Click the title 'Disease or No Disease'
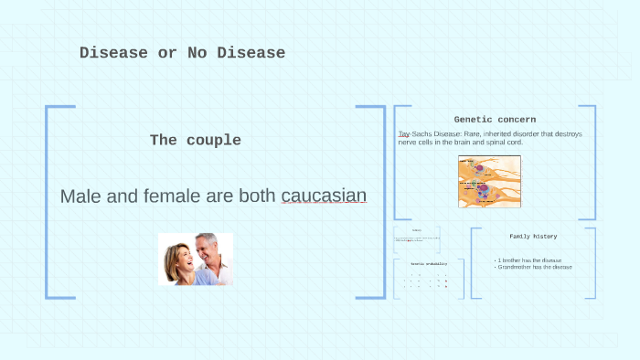click(182, 53)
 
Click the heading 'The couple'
click(196, 141)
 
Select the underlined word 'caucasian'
click(324, 196)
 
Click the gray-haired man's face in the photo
click(208, 249)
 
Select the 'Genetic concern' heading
click(495, 120)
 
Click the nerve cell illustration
click(489, 181)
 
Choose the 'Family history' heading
click(533, 237)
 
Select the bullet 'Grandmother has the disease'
click(535, 267)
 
